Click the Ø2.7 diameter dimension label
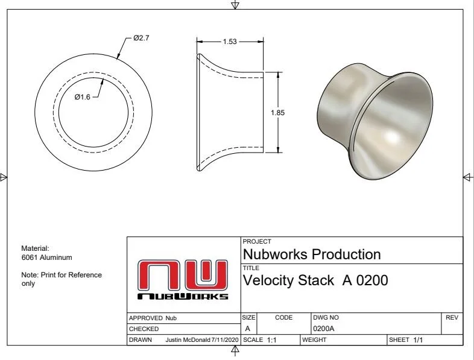tap(141, 38)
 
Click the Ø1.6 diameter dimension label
tap(82, 97)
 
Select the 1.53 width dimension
tap(229, 42)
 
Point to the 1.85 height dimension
tap(277, 113)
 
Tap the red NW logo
tap(183, 275)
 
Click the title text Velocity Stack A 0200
tap(314, 280)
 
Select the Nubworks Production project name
tap(311, 254)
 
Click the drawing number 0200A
tap(323, 329)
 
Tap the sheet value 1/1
tap(418, 340)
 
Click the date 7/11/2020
tap(225, 340)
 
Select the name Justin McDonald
tap(188, 340)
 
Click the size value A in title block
tap(247, 329)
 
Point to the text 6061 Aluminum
tap(46, 257)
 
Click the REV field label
tap(452, 317)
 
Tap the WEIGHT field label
tap(314, 340)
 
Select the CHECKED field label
tap(144, 329)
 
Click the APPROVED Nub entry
tap(153, 318)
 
